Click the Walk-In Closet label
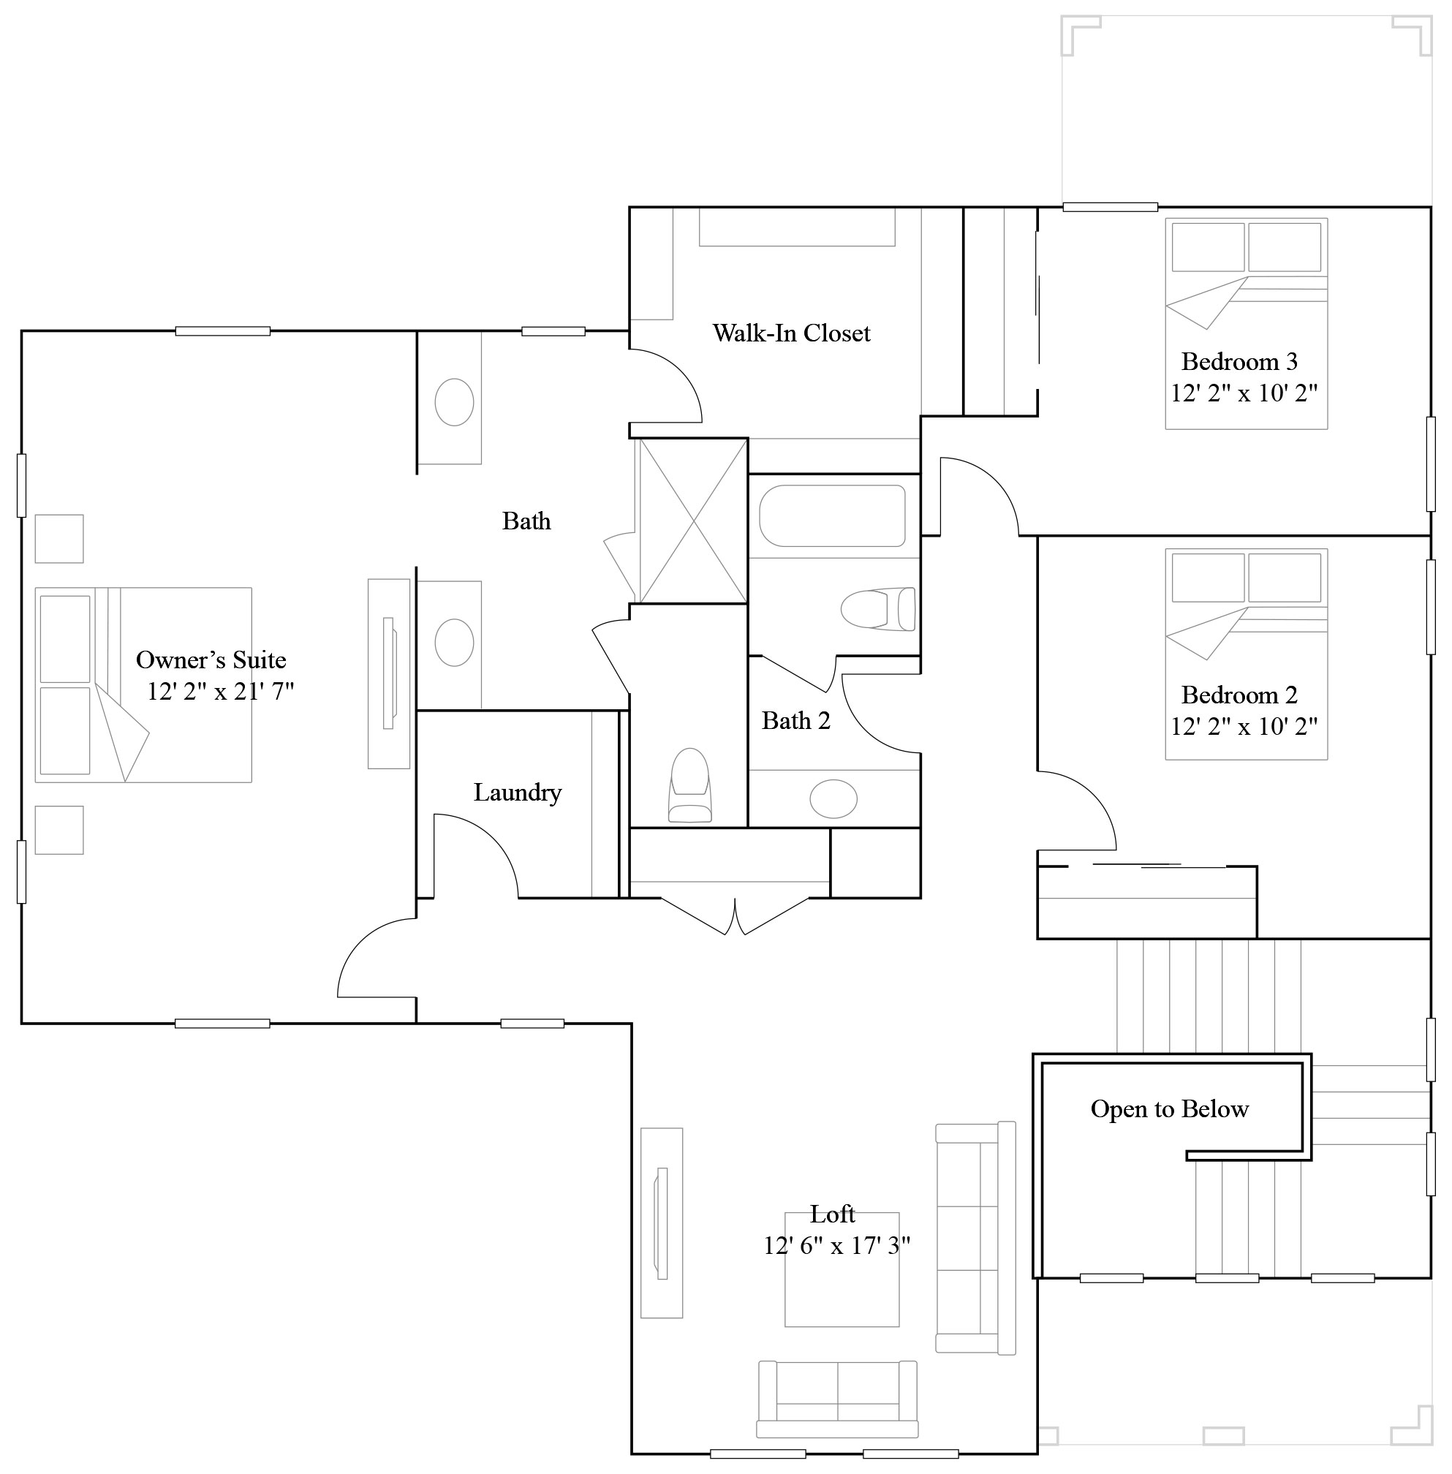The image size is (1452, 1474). click(x=791, y=333)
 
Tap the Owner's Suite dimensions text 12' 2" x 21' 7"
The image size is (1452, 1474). click(x=220, y=692)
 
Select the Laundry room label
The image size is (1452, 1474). click(x=517, y=793)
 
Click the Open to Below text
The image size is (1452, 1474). click(x=1169, y=1108)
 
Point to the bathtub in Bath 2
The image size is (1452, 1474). click(x=832, y=516)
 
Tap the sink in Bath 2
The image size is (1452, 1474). click(x=833, y=799)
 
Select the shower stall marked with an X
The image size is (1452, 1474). click(x=692, y=521)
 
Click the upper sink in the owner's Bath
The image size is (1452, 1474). click(x=454, y=402)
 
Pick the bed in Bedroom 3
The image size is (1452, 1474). click(x=1245, y=324)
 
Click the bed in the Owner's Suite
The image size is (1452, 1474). click(x=143, y=685)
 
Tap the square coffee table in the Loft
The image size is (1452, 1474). click(x=842, y=1269)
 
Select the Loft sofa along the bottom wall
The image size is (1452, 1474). click(x=837, y=1399)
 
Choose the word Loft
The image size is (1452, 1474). click(x=832, y=1214)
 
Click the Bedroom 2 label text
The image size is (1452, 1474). click(x=1239, y=695)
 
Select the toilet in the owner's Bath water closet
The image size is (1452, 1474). click(x=689, y=785)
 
